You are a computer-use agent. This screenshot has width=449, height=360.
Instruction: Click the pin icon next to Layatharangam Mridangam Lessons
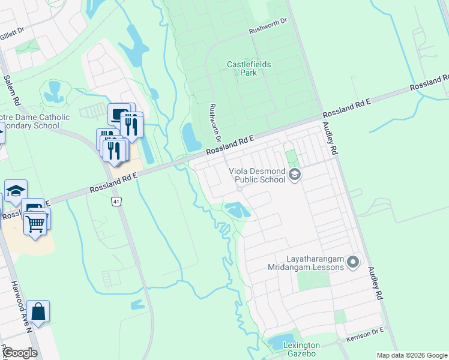[x=353, y=262]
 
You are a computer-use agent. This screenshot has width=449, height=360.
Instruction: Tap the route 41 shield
[x=116, y=202]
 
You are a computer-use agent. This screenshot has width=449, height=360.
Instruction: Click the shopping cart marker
[x=35, y=224]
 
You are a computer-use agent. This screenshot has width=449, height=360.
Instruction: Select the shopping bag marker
[x=38, y=311]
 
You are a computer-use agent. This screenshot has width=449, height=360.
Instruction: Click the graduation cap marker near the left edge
[x=16, y=191]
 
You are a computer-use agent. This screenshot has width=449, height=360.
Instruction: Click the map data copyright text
[x=412, y=355]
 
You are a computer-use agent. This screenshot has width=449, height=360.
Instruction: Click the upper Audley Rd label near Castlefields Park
[x=330, y=139]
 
